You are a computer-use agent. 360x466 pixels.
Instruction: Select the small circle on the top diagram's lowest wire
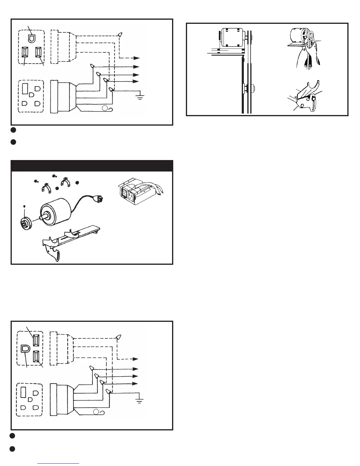tap(104, 109)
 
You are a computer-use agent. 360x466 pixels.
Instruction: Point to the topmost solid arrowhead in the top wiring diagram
tap(136, 67)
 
